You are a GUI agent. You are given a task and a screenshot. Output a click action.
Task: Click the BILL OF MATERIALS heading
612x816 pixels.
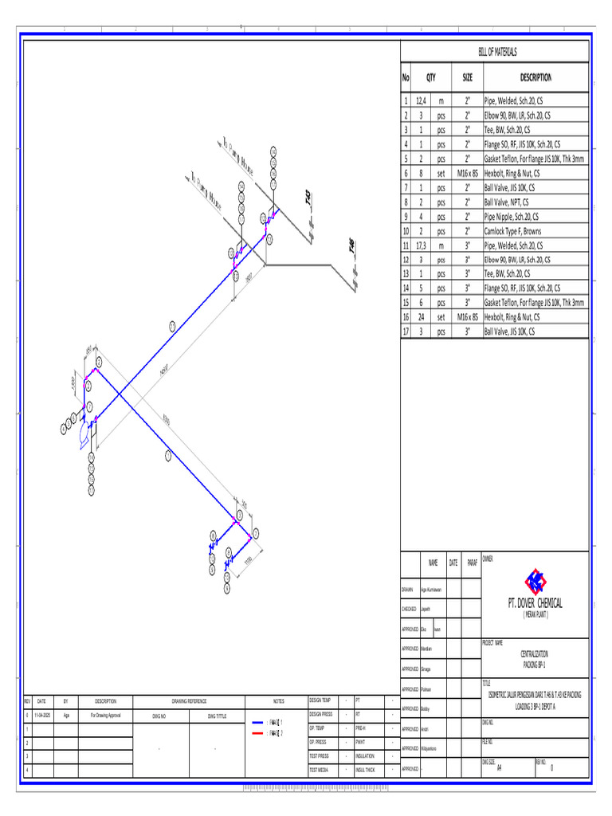[497, 52]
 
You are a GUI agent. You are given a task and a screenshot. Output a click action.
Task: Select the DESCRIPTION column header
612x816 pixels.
[535, 77]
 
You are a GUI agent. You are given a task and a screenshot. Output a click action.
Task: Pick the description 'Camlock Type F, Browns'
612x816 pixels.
[512, 232]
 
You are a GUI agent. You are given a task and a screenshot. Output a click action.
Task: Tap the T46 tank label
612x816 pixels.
[351, 247]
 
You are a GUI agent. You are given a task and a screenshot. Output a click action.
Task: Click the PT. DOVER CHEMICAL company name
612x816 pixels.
[535, 602]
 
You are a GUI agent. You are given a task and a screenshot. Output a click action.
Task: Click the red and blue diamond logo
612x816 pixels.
[535, 579]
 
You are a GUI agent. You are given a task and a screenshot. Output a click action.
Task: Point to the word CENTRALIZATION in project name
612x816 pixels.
[534, 653]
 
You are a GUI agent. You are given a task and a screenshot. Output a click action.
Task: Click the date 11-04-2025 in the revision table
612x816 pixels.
[41, 716]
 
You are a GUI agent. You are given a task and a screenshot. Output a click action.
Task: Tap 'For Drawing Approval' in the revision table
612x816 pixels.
[106, 716]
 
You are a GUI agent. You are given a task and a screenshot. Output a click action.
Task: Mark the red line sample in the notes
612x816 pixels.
[257, 732]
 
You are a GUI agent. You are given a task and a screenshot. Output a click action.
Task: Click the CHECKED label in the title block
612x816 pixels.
[410, 610]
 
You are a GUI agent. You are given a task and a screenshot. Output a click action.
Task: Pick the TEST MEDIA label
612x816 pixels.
[319, 770]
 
